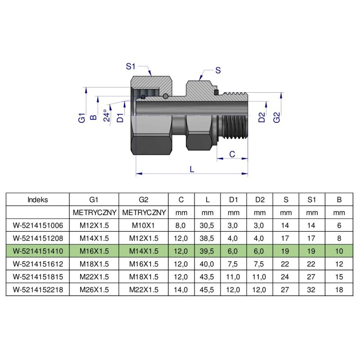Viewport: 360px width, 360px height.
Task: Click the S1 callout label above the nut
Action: point(130,67)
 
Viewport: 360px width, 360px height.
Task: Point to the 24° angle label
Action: point(107,116)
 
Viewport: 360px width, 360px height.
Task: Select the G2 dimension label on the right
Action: point(277,118)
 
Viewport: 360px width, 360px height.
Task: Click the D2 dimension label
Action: point(261,118)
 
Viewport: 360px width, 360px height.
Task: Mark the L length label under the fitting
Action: point(192,169)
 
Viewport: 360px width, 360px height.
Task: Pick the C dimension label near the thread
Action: point(232,154)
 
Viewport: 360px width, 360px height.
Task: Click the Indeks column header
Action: point(38,199)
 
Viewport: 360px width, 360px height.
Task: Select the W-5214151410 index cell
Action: point(38,251)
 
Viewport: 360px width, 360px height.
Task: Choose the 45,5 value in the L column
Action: point(207,289)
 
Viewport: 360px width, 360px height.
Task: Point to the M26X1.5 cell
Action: point(94,289)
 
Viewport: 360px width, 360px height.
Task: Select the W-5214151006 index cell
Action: point(38,225)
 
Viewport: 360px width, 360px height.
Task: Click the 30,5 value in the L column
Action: point(207,225)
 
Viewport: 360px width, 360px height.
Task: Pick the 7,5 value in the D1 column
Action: point(234,264)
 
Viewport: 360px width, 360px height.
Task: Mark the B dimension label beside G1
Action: point(94,117)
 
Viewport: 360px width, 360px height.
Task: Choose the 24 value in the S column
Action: point(286,277)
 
